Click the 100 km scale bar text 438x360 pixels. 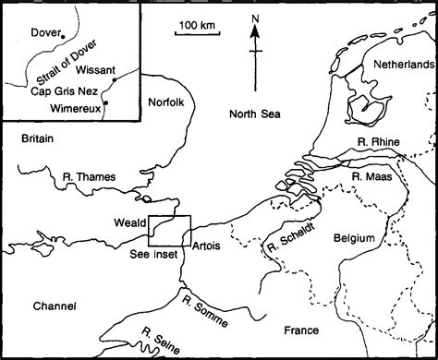[198, 22]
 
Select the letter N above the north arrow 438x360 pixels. [254, 17]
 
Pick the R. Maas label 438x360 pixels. [371, 174]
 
